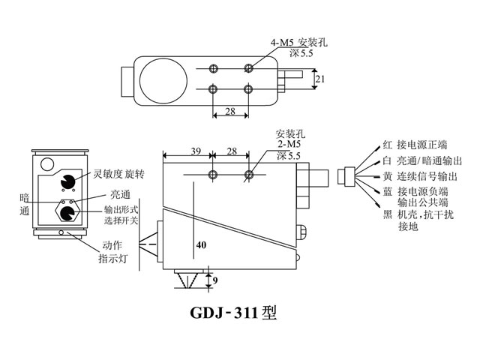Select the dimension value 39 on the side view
tap(193, 151)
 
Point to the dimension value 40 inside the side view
tap(200, 244)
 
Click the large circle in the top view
tap(162, 78)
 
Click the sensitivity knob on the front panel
tap(67, 182)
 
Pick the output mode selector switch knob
tap(67, 214)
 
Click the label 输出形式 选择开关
tap(121, 214)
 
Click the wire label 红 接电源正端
tap(414, 145)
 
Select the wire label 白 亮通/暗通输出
tap(421, 160)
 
